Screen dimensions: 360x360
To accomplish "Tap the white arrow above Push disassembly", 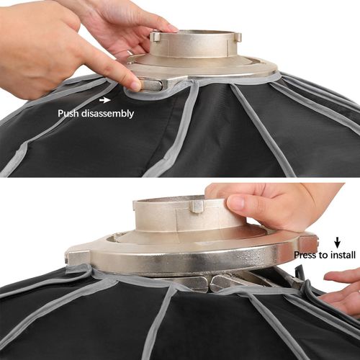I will click(x=107, y=102).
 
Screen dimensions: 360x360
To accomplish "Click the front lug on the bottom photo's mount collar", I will click(x=197, y=207).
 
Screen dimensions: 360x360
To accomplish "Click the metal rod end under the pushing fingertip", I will click(x=149, y=84).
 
